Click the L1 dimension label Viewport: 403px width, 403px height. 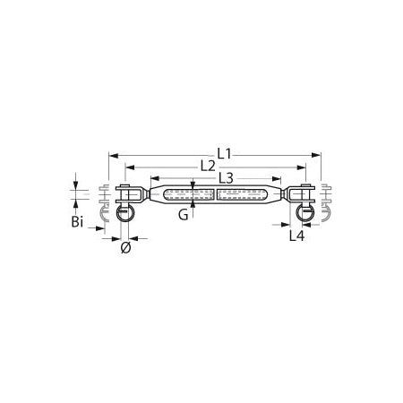coord(224,154)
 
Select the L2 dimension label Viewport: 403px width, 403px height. coord(208,166)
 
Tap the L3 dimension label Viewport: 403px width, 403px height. coord(226,178)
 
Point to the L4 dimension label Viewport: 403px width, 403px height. coord(296,236)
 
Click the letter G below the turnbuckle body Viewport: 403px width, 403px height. coord(184,215)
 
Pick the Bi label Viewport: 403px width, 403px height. coord(77,222)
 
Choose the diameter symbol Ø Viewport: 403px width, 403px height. coord(126,248)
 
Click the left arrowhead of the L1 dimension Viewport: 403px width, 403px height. coord(114,155)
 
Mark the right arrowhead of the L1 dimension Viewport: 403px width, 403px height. coord(316,155)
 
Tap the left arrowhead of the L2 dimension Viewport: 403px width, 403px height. coord(130,167)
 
